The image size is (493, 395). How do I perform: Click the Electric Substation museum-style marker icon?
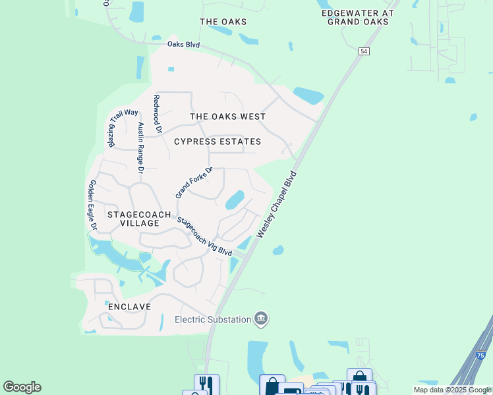[x=261, y=319]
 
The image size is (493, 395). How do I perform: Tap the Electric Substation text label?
[x=213, y=319]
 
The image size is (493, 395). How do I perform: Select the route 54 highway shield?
[x=364, y=51]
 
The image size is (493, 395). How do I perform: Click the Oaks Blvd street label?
[x=183, y=45]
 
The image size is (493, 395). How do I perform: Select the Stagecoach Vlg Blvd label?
[x=205, y=238]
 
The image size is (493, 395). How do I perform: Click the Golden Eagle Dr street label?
[x=93, y=205]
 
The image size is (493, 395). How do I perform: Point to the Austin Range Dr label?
[x=140, y=147]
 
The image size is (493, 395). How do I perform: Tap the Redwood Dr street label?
[x=157, y=115]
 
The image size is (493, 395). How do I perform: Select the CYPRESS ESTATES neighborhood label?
[x=217, y=142]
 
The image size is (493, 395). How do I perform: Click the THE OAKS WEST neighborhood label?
[x=227, y=117]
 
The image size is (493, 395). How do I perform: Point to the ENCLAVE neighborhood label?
[x=129, y=307]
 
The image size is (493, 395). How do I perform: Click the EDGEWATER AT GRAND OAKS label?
[x=357, y=17]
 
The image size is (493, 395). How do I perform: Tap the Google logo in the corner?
[x=22, y=387]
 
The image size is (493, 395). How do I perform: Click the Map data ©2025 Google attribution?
[x=452, y=390]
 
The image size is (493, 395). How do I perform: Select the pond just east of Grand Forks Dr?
[x=235, y=199]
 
